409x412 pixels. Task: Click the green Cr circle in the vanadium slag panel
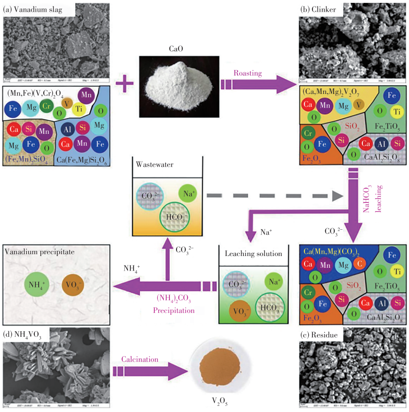(46, 106)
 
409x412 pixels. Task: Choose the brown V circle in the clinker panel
(359, 104)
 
